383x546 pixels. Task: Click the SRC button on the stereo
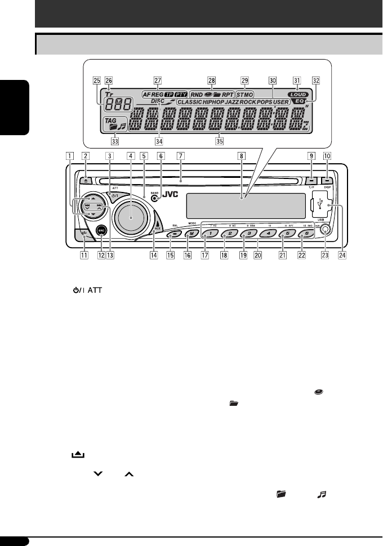(101, 230)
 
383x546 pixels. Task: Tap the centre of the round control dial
(132, 216)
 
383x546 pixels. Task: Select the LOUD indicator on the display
(296, 95)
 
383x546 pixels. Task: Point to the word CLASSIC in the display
(191, 103)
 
